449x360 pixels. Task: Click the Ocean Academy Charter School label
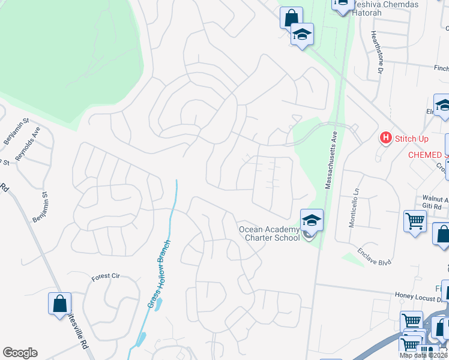(269, 233)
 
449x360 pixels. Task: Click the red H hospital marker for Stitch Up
(385, 139)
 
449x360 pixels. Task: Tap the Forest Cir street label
(106, 277)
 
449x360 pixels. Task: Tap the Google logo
(20, 353)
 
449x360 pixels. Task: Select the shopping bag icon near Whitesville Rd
(60, 304)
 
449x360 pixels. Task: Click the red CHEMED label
(427, 155)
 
